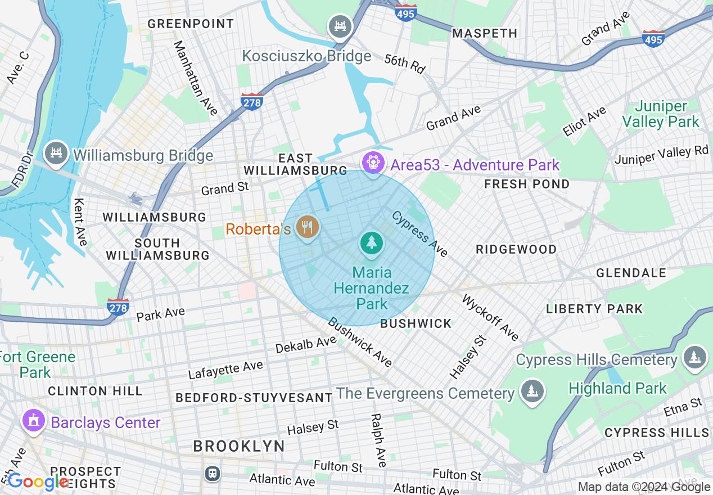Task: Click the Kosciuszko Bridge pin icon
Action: click(340, 26)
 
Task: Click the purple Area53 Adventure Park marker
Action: click(372, 163)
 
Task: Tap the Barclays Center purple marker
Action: click(33, 421)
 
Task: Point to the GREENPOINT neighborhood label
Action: click(191, 24)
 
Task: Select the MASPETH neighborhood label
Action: click(485, 33)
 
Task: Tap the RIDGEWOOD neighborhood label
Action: click(516, 249)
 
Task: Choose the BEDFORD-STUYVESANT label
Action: click(254, 398)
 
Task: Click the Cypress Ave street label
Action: click(419, 233)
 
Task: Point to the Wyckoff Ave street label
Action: click(490, 317)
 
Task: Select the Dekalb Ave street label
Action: click(306, 345)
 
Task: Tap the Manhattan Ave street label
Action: click(196, 78)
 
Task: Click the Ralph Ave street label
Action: click(378, 440)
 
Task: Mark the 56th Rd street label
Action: click(405, 63)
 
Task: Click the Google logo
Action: click(37, 482)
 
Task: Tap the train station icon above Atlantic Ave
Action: click(213, 473)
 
